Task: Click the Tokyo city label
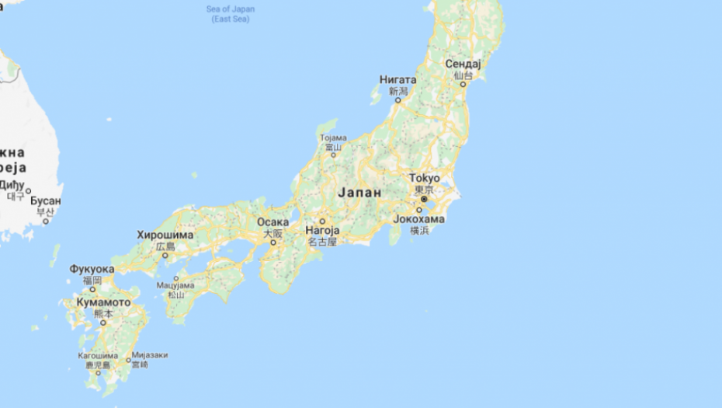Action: pyautogui.click(x=424, y=178)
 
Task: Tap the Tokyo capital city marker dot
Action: pyautogui.click(x=424, y=199)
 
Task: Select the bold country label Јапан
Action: pyautogui.click(x=359, y=192)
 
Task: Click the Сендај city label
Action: pyautogui.click(x=463, y=64)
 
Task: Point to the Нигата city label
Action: pyautogui.click(x=397, y=79)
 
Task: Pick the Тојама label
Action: pyautogui.click(x=332, y=138)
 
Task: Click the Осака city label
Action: pyautogui.click(x=273, y=222)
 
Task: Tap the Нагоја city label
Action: pyautogui.click(x=322, y=231)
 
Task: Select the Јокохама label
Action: pyautogui.click(x=419, y=219)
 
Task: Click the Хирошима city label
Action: pyautogui.click(x=165, y=235)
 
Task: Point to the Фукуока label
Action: pyautogui.click(x=92, y=269)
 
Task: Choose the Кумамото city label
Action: pyautogui.click(x=103, y=302)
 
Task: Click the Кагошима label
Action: pyautogui.click(x=98, y=354)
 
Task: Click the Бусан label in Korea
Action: pyautogui.click(x=46, y=201)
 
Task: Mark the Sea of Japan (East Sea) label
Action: pyautogui.click(x=231, y=14)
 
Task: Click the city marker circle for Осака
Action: pyautogui.click(x=273, y=242)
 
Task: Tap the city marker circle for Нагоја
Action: pyautogui.click(x=321, y=221)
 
